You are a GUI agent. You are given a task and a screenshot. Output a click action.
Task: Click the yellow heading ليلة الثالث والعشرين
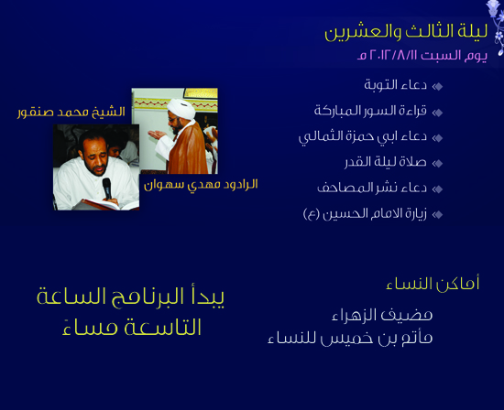[406, 32]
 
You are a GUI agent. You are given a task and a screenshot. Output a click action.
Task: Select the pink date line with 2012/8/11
[422, 55]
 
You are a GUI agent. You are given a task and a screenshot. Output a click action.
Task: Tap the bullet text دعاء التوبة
[395, 85]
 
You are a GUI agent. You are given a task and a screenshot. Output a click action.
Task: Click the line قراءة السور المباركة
[370, 111]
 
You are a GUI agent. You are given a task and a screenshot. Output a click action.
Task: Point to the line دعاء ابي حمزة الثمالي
[363, 136]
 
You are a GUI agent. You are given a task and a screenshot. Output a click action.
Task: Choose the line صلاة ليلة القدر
[386, 162]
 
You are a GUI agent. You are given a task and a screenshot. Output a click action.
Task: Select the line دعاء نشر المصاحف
[372, 188]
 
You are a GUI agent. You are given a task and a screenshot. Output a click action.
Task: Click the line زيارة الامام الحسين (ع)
[365, 214]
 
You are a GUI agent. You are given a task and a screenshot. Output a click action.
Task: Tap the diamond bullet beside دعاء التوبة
[437, 86]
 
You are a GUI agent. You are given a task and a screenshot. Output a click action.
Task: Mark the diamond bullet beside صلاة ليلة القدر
[437, 163]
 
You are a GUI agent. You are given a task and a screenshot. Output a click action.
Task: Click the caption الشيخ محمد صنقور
[71, 113]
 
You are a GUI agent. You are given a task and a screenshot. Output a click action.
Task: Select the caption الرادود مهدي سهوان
[201, 185]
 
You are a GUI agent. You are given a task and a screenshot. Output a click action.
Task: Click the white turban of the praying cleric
[181, 108]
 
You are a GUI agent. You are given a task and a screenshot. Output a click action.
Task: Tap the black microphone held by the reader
[107, 189]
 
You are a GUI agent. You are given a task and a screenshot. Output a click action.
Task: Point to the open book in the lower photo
[106, 205]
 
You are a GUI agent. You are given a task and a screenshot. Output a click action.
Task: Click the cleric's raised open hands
[157, 135]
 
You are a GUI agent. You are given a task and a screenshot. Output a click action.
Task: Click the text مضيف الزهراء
[382, 315]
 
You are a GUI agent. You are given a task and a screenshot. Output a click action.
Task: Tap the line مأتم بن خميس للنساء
[350, 339]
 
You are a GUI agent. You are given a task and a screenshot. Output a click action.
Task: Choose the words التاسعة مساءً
[132, 327]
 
